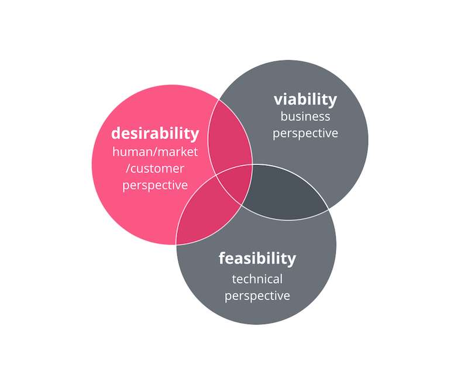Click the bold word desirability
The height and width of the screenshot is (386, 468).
pyautogui.click(x=155, y=133)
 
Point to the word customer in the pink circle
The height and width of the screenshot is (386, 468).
pyautogui.click(x=159, y=168)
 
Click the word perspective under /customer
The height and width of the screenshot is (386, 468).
pyautogui.click(x=156, y=185)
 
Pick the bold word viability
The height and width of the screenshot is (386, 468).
pyautogui.click(x=305, y=99)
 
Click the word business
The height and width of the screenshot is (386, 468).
pyautogui.click(x=305, y=116)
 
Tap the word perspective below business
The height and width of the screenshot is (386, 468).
pyautogui.click(x=305, y=133)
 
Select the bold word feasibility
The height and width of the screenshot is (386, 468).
pyautogui.click(x=257, y=258)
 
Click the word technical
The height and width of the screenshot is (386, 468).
pyautogui.click(x=257, y=279)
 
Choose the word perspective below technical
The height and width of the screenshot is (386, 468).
pyautogui.click(x=257, y=295)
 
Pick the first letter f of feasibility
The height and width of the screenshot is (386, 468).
pyautogui.click(x=222, y=257)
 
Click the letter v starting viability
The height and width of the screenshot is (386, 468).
pyautogui.click(x=278, y=100)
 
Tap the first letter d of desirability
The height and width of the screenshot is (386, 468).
pyautogui.click(x=116, y=133)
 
